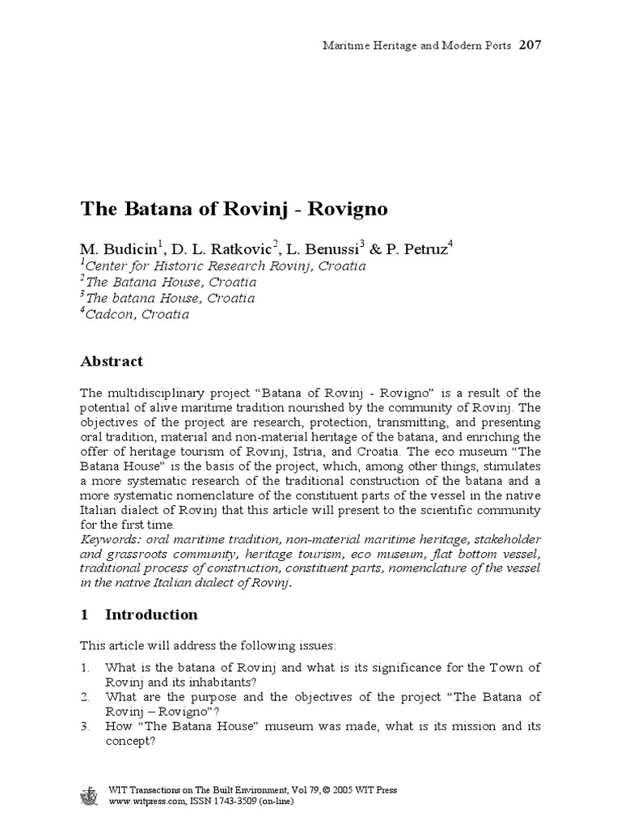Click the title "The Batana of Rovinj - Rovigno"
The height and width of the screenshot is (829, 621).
point(234,209)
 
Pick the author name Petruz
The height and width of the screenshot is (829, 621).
point(422,247)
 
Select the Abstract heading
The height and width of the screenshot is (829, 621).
point(112,361)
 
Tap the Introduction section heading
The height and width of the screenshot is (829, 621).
point(151,614)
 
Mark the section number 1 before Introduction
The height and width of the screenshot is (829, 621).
point(83,614)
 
